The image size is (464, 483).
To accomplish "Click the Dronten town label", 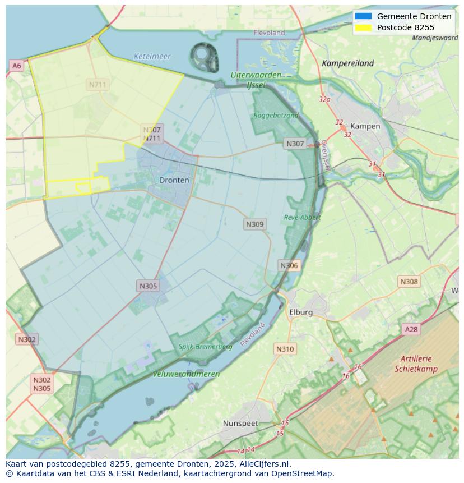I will point(174,180).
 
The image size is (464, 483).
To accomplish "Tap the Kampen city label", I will point(365,126).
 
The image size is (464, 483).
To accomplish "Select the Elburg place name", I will point(300,312).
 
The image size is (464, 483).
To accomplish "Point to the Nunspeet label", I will point(240,423).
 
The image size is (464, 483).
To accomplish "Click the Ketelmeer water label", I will point(152,57).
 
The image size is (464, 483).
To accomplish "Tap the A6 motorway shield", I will point(17,66).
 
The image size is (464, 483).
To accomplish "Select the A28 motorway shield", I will point(411,329).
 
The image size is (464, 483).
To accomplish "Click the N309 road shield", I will point(255,224).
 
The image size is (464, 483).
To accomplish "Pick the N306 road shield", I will point(289,265).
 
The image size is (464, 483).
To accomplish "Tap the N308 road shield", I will point(409,282).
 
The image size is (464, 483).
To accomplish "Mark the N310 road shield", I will point(285,349).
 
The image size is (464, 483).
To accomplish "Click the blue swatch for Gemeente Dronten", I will point(363,16).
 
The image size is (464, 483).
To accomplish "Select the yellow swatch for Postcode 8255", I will point(363,27).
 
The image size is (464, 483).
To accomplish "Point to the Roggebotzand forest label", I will point(276,115).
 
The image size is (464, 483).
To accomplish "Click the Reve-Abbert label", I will point(302,217).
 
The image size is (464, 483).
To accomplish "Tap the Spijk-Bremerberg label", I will point(205,347).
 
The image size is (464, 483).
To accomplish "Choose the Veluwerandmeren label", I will point(186,374).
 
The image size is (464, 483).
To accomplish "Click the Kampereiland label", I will point(347,63).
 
